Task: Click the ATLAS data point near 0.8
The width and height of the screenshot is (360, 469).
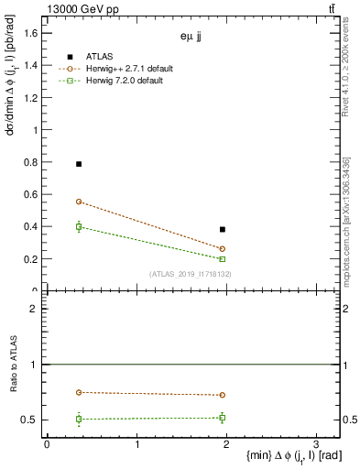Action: [79, 164]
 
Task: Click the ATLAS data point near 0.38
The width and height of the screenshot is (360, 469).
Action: [223, 229]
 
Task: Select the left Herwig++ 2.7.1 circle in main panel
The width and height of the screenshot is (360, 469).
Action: [79, 202]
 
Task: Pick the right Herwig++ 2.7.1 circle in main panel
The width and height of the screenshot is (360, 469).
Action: [223, 248]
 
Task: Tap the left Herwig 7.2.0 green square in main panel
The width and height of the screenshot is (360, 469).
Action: [79, 226]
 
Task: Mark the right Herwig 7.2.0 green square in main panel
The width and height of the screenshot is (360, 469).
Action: [223, 259]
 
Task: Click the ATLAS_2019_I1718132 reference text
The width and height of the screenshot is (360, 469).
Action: [191, 273]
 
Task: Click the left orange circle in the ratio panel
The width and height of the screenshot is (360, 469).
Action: [79, 392]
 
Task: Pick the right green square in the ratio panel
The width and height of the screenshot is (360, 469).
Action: [223, 418]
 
